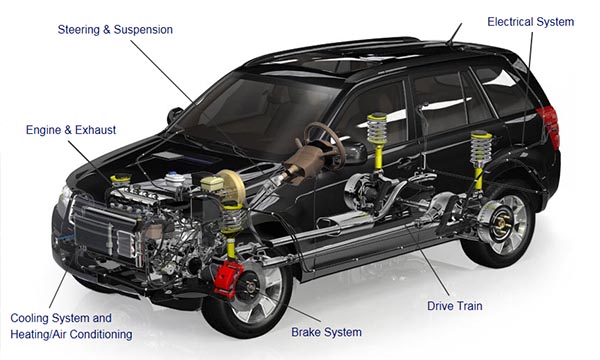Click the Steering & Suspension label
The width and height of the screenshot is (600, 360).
point(115,29)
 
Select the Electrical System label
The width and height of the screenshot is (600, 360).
point(530,22)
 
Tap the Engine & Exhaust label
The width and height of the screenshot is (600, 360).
point(71,130)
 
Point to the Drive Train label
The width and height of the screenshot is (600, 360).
point(455,306)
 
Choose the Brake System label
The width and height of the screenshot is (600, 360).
point(326,332)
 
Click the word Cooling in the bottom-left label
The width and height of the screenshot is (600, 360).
point(29,318)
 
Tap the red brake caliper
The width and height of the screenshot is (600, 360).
point(228,279)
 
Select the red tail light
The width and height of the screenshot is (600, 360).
point(549,127)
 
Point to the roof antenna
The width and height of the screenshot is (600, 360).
point(455,34)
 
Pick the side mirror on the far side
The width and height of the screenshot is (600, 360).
point(174,115)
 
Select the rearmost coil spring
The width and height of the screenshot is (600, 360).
point(481,150)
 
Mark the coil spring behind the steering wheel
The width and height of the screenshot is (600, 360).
point(377,129)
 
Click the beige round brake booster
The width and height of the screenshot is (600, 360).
point(232,186)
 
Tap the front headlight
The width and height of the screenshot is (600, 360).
point(64,195)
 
